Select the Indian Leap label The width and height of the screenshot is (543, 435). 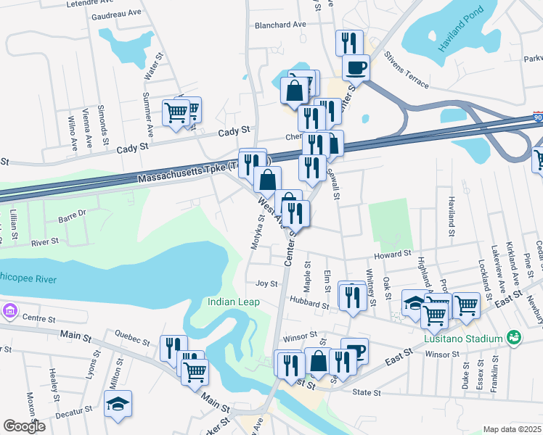tap(230, 302)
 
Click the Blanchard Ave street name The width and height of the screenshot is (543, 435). tap(280, 25)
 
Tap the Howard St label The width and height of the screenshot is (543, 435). tap(393, 255)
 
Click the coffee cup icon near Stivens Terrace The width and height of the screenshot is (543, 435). tap(355, 67)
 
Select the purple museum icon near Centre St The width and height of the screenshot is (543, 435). tap(9, 310)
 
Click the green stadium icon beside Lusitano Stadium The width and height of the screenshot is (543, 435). tap(514, 338)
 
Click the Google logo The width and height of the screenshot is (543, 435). tap(24, 426)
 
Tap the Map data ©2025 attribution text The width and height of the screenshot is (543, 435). tap(512, 429)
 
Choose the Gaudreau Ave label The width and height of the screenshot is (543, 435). tap(116, 14)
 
